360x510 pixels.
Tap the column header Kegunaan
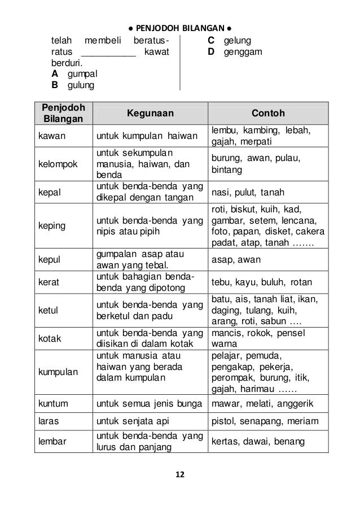pos(150,112)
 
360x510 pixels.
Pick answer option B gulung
pos(74,85)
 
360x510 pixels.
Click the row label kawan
pos(51,136)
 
